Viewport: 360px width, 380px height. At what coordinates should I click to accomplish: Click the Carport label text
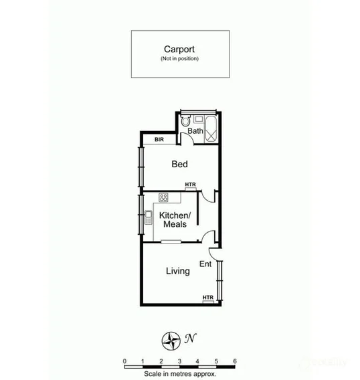tap(179, 49)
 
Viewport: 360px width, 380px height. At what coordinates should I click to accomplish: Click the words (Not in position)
tap(179, 59)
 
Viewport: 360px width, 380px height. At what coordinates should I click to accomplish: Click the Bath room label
tap(195, 131)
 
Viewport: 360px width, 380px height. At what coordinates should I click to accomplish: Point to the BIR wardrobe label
tap(159, 140)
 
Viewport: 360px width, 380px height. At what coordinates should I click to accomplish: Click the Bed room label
tap(179, 164)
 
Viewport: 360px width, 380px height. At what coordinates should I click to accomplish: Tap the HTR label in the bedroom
tap(191, 185)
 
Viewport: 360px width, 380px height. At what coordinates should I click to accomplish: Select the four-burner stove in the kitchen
tap(163, 197)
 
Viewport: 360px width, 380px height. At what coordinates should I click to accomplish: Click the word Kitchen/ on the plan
tap(175, 215)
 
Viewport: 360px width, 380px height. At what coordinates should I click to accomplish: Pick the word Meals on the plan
tap(175, 224)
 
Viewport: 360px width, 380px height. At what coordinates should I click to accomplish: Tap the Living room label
tap(177, 271)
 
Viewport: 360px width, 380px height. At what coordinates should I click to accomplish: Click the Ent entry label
tap(205, 264)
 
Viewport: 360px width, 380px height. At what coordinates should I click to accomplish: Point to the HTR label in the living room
tap(208, 298)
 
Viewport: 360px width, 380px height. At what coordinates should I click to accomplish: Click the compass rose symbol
tap(171, 340)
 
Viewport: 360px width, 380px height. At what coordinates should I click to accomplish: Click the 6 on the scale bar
tap(235, 361)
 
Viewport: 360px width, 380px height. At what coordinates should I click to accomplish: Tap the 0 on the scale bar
tap(125, 361)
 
